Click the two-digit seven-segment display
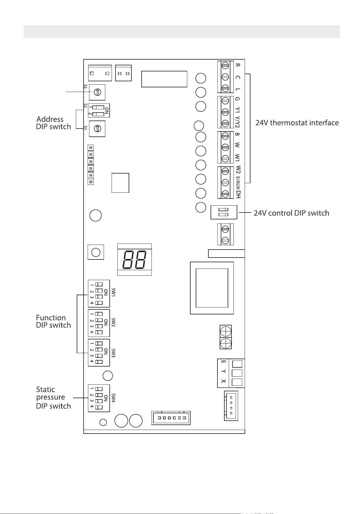[x=134, y=259]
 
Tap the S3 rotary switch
[x=97, y=92]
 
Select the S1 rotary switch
[x=97, y=128]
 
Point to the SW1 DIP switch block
[x=99, y=294]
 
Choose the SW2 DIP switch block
[x=99, y=323]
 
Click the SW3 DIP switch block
[x=99, y=353]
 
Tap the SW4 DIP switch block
[x=99, y=398]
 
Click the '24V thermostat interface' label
[x=297, y=123]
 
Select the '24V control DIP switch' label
[x=291, y=213]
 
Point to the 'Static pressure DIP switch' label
[x=54, y=398]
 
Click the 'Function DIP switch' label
[x=54, y=322]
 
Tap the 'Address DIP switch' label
[x=54, y=123]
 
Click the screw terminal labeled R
[x=225, y=65]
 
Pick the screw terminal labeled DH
[x=225, y=194]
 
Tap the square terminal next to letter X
[x=237, y=382]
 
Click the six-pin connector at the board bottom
[x=171, y=418]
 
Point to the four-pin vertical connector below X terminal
[x=231, y=406]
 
